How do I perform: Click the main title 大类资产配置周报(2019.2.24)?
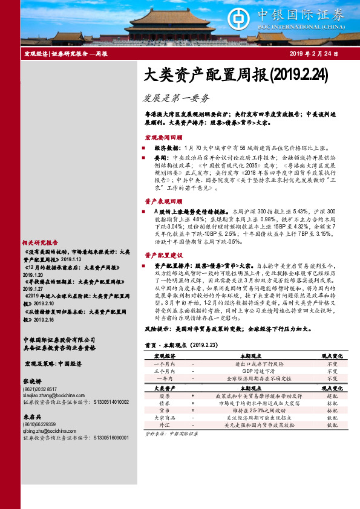pyautogui.click(x=236, y=75)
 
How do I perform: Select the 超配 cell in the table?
pyautogui.click(x=332, y=395)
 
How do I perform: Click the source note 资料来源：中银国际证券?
pyautogui.click(x=168, y=434)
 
